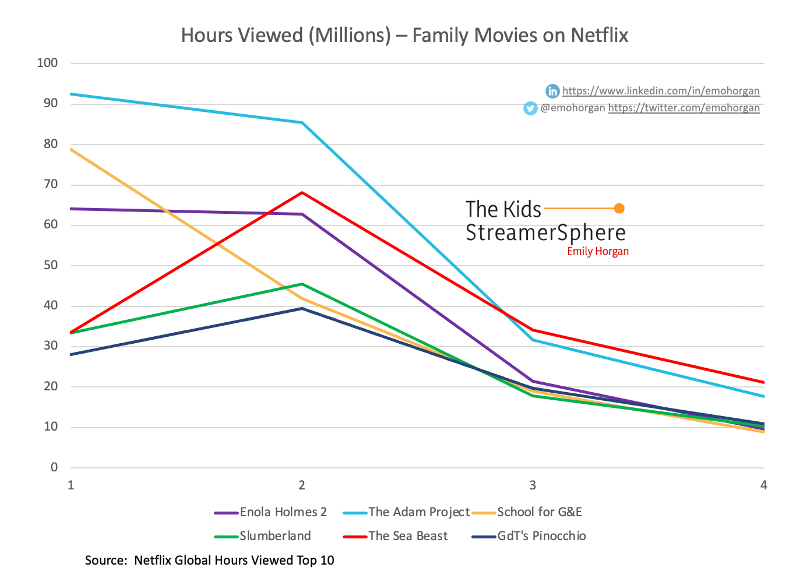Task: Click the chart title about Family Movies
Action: pyautogui.click(x=404, y=36)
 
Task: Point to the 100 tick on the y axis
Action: pyautogui.click(x=47, y=63)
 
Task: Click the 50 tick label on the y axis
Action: pyautogui.click(x=50, y=265)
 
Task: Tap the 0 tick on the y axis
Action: pyautogui.click(x=54, y=467)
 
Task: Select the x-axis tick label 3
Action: pyautogui.click(x=533, y=485)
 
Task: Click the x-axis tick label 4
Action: pyautogui.click(x=763, y=485)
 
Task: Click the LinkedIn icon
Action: pyautogui.click(x=552, y=91)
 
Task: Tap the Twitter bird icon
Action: pyautogui.click(x=530, y=108)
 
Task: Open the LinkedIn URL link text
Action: pyautogui.click(x=661, y=91)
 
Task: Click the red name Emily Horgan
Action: pyautogui.click(x=598, y=252)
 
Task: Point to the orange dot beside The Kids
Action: pyautogui.click(x=619, y=209)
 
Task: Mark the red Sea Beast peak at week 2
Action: pyautogui.click(x=302, y=192)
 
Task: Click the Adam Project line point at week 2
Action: pyautogui.click(x=302, y=122)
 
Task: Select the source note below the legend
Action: pyautogui.click(x=210, y=561)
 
